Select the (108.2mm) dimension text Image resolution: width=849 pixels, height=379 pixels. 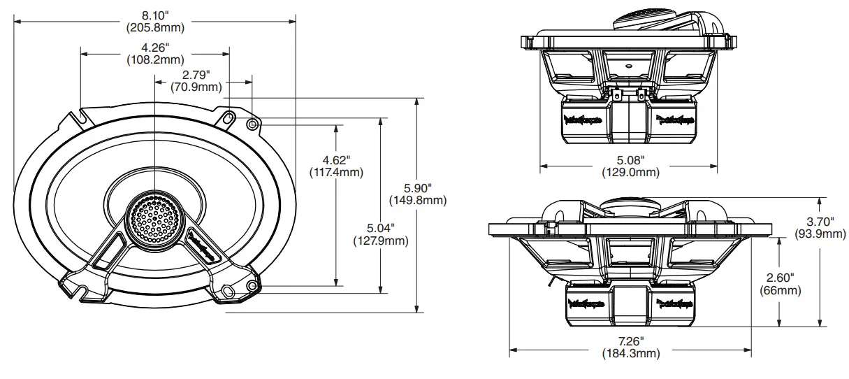tap(155, 60)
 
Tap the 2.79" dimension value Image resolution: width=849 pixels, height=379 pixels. tap(196, 75)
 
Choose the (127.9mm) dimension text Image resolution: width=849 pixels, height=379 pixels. tap(381, 241)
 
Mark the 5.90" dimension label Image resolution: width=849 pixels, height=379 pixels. tap(417, 188)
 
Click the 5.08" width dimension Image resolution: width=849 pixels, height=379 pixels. tap(628, 159)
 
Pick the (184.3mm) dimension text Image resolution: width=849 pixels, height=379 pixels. tap(630, 353)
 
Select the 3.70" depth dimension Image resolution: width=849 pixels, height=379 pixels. tap(820, 221)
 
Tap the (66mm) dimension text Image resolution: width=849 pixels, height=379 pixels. tap(780, 290)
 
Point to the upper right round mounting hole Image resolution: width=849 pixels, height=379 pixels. tap(252, 123)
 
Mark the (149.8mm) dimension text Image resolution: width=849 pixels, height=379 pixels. tap(417, 201)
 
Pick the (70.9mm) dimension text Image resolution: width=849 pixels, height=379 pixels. tap(196, 87)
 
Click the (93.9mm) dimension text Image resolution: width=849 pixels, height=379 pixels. tap(820, 234)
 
